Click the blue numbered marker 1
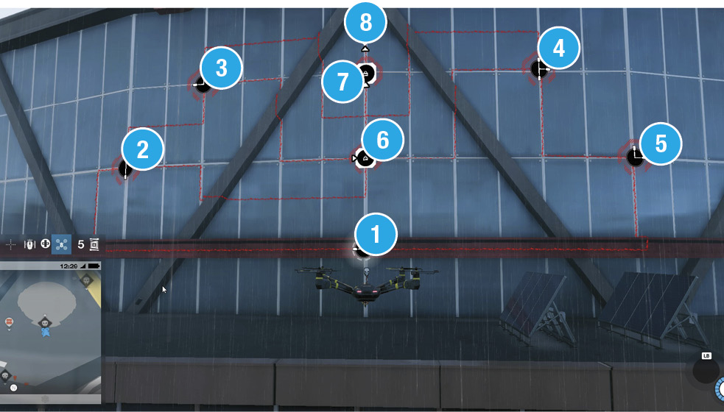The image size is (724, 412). [x=376, y=234]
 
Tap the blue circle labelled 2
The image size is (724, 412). [x=143, y=149]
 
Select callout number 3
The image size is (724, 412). [x=221, y=68]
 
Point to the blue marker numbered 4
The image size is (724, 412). [x=559, y=48]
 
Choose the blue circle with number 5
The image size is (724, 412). [x=661, y=144]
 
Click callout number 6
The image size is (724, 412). [x=383, y=140]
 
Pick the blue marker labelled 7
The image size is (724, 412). [x=342, y=82]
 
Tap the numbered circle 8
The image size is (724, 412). [x=366, y=22]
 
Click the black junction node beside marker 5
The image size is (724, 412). [x=634, y=157]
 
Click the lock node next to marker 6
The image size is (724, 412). [x=365, y=159]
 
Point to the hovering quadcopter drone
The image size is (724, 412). [x=366, y=285]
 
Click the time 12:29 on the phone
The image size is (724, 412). [x=68, y=266]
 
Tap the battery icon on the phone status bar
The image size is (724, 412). [x=94, y=266]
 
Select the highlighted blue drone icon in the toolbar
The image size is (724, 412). [x=61, y=244]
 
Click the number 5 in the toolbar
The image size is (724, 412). [x=81, y=244]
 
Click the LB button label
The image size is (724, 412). [x=706, y=355]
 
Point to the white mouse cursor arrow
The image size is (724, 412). [x=164, y=290]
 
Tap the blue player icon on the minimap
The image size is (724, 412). [x=45, y=332]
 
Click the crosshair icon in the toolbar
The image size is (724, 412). [x=10, y=244]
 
